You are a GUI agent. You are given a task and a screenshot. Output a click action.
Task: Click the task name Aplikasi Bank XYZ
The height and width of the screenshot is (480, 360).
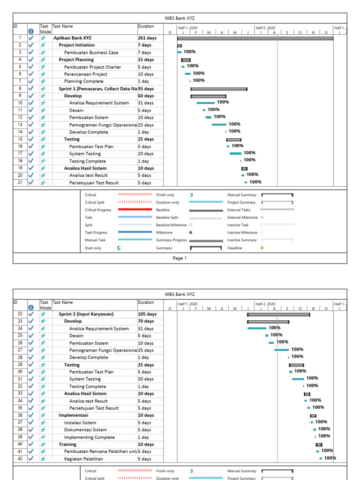[72, 38]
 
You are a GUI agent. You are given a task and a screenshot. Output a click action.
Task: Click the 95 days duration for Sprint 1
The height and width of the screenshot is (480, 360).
[146, 89]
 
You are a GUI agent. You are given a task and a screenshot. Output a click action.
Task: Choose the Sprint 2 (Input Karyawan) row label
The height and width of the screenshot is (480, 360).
[86, 314]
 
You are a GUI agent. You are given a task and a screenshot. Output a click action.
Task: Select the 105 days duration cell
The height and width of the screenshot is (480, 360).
[147, 314]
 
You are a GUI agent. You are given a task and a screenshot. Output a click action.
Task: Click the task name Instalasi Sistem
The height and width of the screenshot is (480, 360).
[80, 422]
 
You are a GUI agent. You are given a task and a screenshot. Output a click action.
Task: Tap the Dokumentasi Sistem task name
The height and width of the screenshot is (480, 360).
[85, 430]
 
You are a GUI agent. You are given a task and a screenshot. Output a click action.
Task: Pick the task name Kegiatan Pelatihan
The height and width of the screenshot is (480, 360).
[83, 459]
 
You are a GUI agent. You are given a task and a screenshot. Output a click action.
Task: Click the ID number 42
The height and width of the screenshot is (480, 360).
[20, 458]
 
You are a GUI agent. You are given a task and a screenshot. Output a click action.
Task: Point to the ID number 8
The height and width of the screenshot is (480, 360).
[20, 88]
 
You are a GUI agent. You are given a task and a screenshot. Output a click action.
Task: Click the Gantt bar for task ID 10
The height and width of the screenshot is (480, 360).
[205, 103]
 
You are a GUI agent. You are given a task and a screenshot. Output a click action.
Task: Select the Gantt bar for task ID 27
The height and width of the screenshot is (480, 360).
[282, 350]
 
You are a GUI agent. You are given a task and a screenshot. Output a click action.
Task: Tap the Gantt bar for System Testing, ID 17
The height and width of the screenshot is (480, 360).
[235, 153]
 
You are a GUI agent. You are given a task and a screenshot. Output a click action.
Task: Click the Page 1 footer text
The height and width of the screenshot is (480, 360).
[180, 258]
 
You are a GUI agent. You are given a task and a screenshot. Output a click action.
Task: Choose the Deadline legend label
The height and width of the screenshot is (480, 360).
[234, 248]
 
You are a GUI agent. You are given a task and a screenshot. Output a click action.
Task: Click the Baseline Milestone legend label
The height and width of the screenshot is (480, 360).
[171, 225]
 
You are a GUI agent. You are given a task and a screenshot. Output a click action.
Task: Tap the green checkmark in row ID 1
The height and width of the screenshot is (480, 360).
[31, 38]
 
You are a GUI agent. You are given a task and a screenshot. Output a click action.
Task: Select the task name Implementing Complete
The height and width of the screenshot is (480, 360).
[89, 437]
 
